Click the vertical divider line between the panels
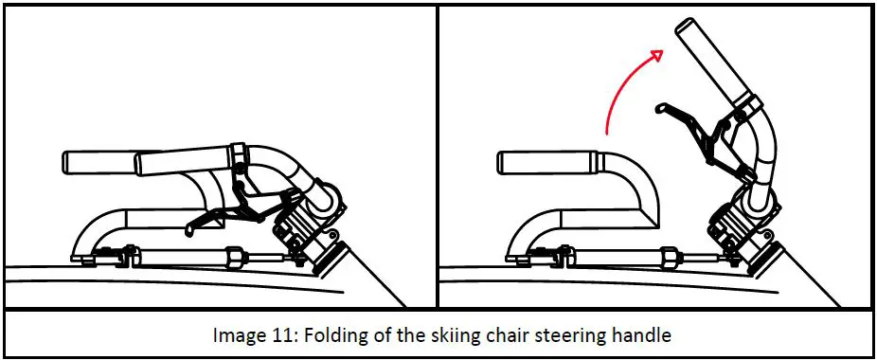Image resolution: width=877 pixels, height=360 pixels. [x=437, y=156]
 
